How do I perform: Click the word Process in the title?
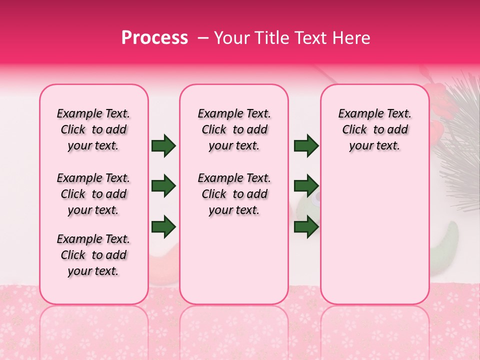154,37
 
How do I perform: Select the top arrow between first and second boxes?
163,146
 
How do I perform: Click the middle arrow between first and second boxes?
163,186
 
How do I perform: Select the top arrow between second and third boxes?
306,146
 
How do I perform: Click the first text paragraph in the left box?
93,129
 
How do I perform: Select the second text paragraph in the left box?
93,194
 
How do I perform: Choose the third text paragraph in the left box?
93,255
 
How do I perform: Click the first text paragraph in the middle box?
234,129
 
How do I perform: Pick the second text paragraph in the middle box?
234,194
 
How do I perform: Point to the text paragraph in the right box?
375,129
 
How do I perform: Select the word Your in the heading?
231,37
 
